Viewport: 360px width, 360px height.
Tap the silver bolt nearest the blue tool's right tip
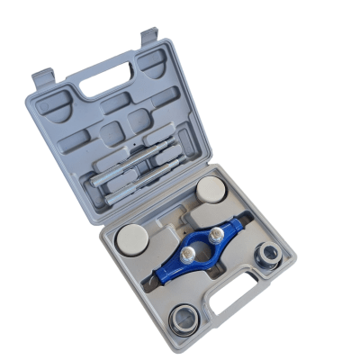click(x=217, y=236)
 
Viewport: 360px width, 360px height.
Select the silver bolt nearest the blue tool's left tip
click(x=186, y=256)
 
